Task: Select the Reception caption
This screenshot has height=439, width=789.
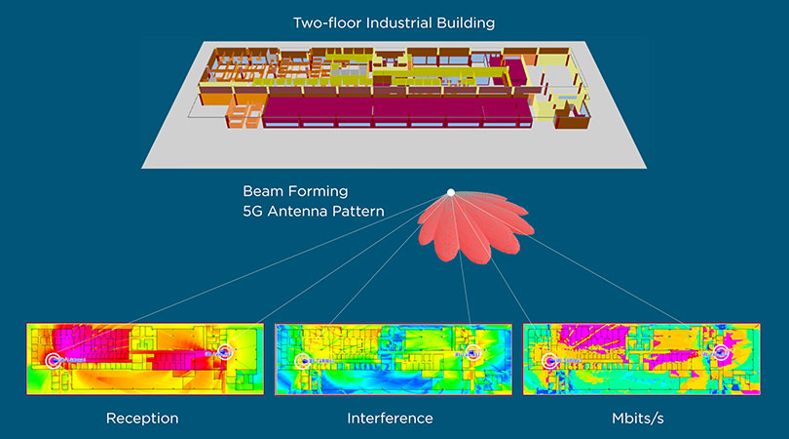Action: pyautogui.click(x=142, y=419)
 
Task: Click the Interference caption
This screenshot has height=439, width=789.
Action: pyautogui.click(x=390, y=419)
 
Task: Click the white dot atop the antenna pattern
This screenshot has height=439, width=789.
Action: pyautogui.click(x=450, y=192)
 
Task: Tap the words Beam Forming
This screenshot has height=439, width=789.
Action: pyautogui.click(x=295, y=192)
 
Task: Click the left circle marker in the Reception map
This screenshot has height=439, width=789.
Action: pyautogui.click(x=53, y=360)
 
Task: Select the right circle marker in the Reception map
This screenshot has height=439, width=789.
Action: pyautogui.click(x=226, y=350)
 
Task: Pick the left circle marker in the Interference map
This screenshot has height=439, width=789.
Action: pyautogui.click(x=303, y=361)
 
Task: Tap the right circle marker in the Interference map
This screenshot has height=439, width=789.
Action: pyautogui.click(x=474, y=351)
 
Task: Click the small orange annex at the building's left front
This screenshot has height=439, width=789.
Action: pyautogui.click(x=241, y=122)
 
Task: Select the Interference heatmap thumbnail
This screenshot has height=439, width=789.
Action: pyautogui.click(x=390, y=359)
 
